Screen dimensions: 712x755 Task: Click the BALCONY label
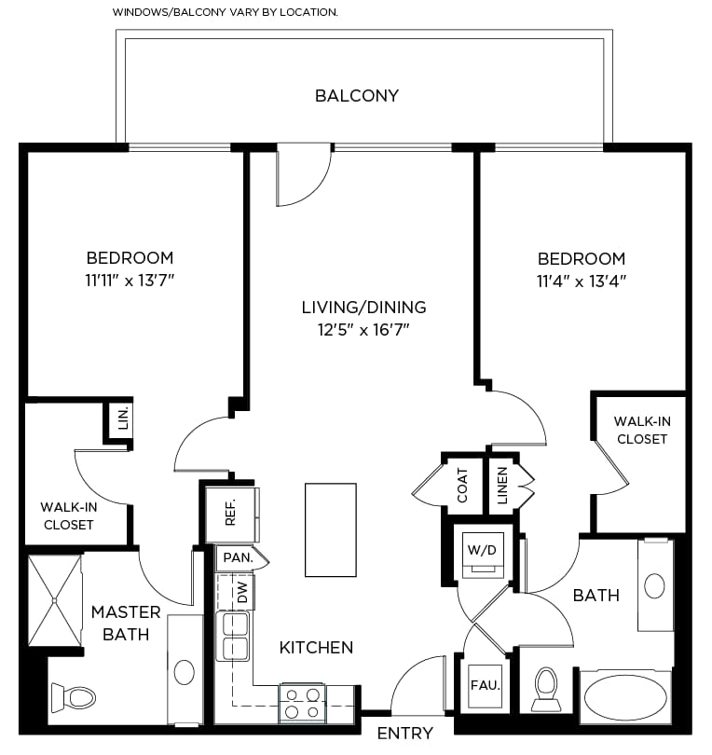(x=357, y=95)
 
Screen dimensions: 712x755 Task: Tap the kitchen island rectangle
(x=331, y=529)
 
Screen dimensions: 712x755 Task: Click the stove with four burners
(x=302, y=703)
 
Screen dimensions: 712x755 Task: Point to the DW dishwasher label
(x=242, y=592)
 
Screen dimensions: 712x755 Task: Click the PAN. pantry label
(x=239, y=557)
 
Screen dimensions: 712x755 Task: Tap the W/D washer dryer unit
(x=483, y=555)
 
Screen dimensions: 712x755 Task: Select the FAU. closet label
(x=486, y=685)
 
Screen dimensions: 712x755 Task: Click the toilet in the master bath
(x=74, y=696)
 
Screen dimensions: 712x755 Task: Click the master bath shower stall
(x=55, y=600)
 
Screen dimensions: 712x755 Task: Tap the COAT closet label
(x=462, y=486)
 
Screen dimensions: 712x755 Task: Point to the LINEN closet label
(x=502, y=486)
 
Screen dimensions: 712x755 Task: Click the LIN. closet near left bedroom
(x=123, y=418)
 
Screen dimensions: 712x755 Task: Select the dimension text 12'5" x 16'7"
(x=363, y=330)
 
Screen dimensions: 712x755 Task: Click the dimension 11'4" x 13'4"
(x=582, y=281)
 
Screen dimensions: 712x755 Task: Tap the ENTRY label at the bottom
(x=405, y=734)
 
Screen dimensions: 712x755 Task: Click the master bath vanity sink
(x=184, y=672)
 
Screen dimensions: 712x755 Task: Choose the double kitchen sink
(x=233, y=636)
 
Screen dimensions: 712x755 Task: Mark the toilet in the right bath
(x=546, y=689)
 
